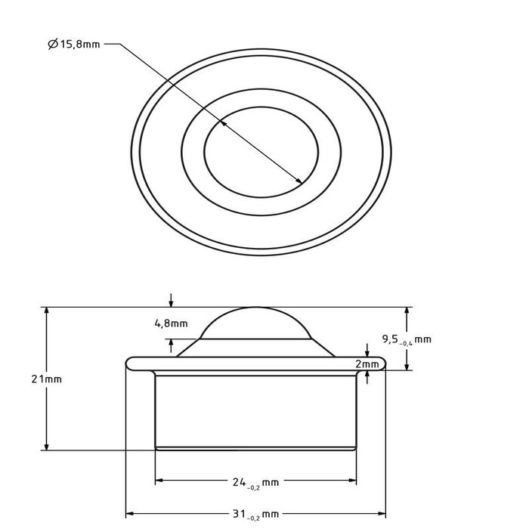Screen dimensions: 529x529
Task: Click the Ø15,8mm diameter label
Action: (73, 45)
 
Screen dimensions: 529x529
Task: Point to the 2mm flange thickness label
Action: (368, 364)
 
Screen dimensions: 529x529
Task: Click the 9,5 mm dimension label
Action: (407, 339)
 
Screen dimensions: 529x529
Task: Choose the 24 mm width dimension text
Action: (256, 481)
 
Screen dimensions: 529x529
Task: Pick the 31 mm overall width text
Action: (256, 514)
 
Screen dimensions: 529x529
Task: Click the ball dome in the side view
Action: (255, 323)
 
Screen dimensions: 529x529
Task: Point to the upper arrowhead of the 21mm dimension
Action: (48, 311)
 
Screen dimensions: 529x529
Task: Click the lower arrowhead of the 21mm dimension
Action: (48, 446)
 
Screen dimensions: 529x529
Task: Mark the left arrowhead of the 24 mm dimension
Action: (159, 481)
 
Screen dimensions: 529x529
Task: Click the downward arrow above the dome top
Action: (172, 303)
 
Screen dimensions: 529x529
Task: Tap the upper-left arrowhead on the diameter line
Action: (222, 121)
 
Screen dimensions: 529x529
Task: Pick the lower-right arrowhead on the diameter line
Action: (301, 181)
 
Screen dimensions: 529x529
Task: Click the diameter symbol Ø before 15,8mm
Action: (52, 45)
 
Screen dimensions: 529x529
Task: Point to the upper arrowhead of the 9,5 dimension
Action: (407, 311)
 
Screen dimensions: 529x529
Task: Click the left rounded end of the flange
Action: (129, 363)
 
